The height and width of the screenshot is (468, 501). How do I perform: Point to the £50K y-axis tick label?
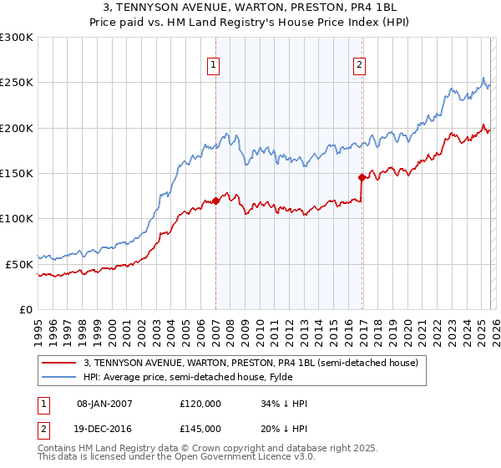(19, 264)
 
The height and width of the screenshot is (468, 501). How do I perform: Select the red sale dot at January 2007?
(215, 201)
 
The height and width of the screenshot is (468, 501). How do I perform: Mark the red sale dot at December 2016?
(362, 177)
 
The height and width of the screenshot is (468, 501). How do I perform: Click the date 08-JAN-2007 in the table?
(104, 404)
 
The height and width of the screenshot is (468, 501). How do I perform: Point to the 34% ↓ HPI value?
(284, 404)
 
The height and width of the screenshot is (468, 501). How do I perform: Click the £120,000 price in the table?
(200, 404)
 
